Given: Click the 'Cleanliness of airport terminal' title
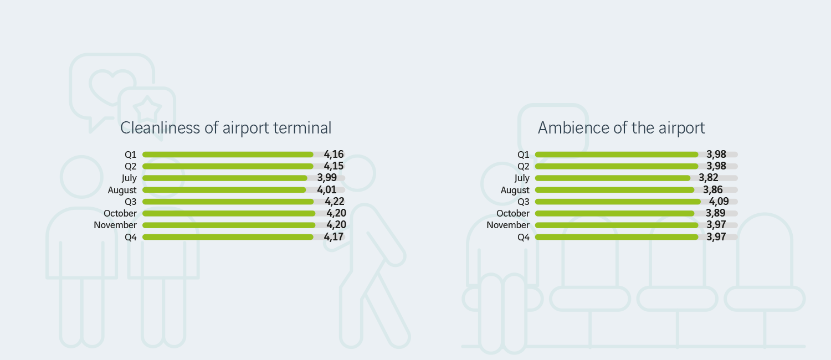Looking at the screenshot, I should pyautogui.click(x=225, y=128).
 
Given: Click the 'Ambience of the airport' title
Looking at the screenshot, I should pyautogui.click(x=621, y=128).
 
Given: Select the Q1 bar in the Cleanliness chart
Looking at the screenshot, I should pyautogui.click(x=228, y=155).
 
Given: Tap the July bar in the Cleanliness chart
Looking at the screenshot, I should pyautogui.click(x=224, y=178).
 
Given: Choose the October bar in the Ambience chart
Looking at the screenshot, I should pyautogui.click(x=614, y=213).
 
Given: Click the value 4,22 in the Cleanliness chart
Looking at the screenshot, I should pyautogui.click(x=335, y=202).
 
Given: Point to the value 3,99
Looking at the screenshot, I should pyautogui.click(x=327, y=178).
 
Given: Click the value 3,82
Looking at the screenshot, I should pyautogui.click(x=709, y=178).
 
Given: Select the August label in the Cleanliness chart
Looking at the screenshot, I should pyautogui.click(x=122, y=190).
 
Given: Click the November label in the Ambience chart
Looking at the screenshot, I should pyautogui.click(x=508, y=225).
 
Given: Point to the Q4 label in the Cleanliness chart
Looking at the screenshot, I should pyautogui.click(x=131, y=237).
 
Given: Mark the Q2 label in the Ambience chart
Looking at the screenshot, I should pyautogui.click(x=524, y=166).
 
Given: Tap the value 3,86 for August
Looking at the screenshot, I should pyautogui.click(x=712, y=190).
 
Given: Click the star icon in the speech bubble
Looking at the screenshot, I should pyautogui.click(x=147, y=107).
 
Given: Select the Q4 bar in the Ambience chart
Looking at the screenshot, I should pyautogui.click(x=617, y=237).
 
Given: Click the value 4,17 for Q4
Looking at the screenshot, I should pyautogui.click(x=334, y=237).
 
